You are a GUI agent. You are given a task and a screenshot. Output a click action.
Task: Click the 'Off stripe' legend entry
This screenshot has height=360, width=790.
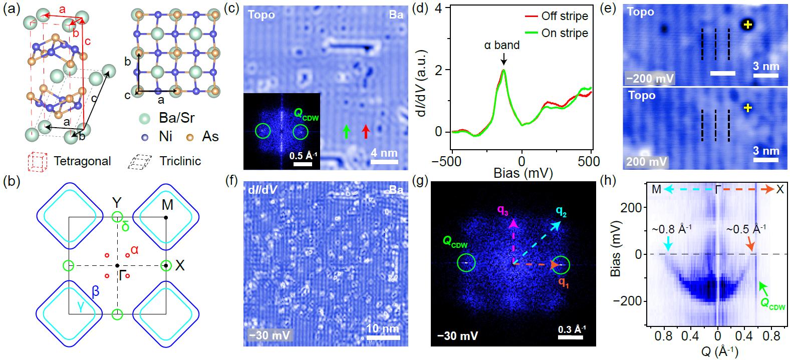(565, 16)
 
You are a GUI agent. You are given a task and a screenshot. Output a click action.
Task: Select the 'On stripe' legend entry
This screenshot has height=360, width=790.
(565, 33)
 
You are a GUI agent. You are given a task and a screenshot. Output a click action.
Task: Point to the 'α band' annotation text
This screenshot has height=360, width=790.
(501, 45)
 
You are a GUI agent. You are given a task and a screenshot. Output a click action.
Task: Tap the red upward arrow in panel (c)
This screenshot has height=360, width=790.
(366, 131)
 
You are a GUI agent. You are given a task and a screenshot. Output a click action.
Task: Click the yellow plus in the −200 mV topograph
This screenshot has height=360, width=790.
(747, 24)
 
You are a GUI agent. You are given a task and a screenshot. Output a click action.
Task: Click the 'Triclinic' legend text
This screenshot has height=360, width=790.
(180, 161)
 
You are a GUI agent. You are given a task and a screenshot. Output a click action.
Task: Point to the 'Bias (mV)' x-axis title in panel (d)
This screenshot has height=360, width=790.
(522, 173)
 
